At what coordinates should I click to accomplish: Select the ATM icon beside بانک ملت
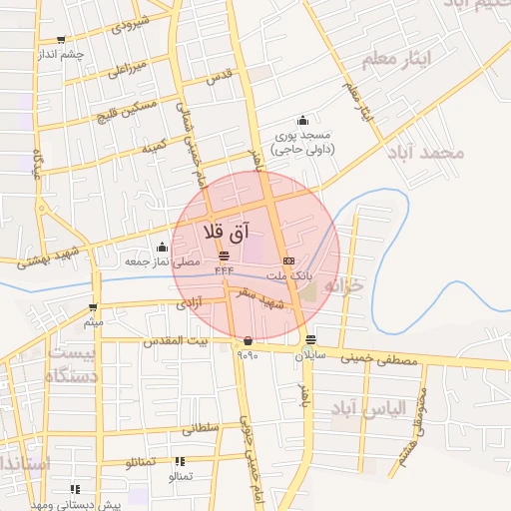289,260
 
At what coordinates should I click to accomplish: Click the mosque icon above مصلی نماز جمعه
162,247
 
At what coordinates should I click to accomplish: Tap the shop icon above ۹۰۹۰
247,341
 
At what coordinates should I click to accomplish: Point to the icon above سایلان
311,338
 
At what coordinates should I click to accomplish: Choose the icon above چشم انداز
62,41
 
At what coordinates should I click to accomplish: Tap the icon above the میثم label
93,307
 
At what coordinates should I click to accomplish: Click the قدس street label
218,75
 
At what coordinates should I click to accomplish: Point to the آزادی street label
188,300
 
